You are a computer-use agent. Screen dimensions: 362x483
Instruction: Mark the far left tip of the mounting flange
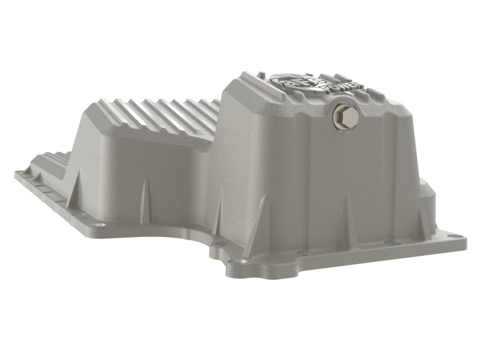[x=16, y=174]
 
